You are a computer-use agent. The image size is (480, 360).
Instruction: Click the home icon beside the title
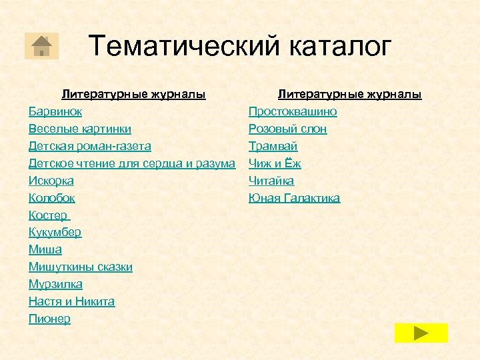tap(41, 45)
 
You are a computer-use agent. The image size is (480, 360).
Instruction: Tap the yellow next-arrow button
tap(421, 332)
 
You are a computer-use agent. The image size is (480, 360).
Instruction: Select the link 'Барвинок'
tap(55, 111)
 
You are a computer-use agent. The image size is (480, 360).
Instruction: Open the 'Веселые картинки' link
tap(79, 129)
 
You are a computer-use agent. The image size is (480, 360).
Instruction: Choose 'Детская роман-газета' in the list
tap(89, 146)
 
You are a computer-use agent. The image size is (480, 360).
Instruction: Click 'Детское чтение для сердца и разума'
tap(131, 163)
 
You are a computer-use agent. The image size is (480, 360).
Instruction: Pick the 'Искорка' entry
tap(51, 181)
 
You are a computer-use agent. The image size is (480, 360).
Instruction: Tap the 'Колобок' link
tap(51, 198)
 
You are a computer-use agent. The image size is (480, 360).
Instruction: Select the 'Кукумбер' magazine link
tap(55, 232)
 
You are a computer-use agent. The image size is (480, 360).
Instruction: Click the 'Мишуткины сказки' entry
tap(80, 267)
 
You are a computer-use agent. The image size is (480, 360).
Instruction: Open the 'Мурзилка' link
tap(55, 284)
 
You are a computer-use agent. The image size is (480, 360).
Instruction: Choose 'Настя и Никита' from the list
tap(71, 301)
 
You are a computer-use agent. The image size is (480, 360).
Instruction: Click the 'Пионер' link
tap(49, 319)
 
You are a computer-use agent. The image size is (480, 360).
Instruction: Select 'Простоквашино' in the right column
tap(293, 111)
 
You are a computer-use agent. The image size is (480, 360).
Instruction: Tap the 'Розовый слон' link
tap(287, 129)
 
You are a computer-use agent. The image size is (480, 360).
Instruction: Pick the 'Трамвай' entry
tap(273, 146)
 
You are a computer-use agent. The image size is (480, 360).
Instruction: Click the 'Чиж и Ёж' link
tap(275, 163)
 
